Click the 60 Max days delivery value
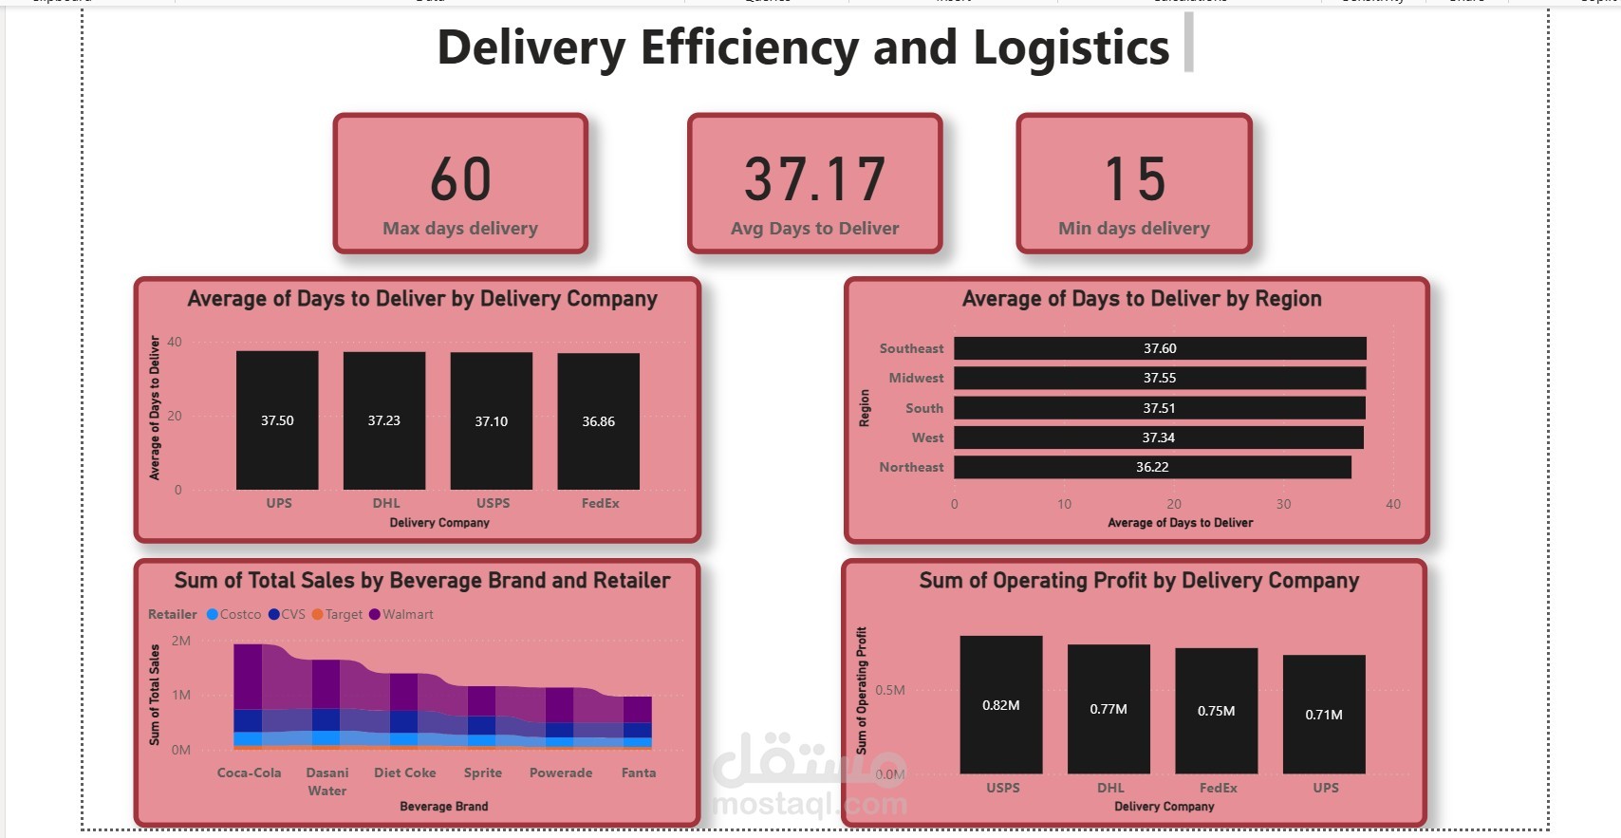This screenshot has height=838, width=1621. point(460,179)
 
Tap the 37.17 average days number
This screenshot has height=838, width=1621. point(814,179)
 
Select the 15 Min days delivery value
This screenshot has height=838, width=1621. point(1134,179)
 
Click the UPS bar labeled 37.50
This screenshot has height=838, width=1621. point(277,420)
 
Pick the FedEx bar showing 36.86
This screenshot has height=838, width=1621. point(598,421)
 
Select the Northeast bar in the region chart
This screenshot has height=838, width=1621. point(1151,467)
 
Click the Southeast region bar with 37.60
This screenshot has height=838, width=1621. point(1159,348)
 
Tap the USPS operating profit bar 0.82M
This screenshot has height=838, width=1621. point(1000,705)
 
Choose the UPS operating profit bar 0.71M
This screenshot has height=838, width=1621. point(1323,715)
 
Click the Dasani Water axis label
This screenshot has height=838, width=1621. point(327,781)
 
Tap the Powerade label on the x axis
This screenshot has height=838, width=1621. point(560,773)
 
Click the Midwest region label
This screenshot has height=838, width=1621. point(916,378)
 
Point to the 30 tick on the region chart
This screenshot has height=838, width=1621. point(1283,504)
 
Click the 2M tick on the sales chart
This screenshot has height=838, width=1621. point(180,641)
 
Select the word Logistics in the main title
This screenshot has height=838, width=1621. point(1071,47)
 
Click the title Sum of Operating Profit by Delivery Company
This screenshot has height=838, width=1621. point(1138,581)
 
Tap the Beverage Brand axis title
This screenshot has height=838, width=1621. point(443,807)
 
